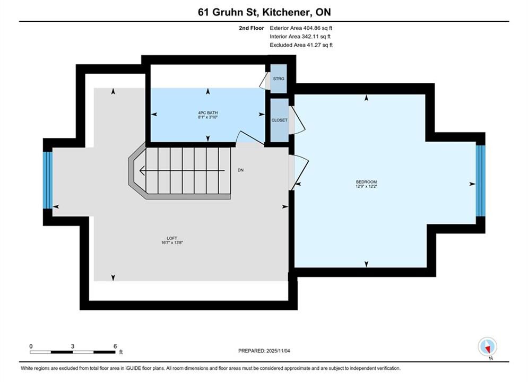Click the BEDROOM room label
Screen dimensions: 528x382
point(366,182)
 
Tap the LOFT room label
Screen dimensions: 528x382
point(172,238)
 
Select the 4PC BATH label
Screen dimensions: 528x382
point(208,113)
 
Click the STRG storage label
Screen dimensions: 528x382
point(279,79)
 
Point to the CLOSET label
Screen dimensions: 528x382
point(280,120)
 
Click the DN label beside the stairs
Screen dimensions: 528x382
point(240,170)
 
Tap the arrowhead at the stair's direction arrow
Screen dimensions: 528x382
point(142,171)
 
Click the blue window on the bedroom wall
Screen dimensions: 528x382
point(481,181)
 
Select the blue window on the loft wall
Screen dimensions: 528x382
point(48,180)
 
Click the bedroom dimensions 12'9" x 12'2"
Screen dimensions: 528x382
point(366,186)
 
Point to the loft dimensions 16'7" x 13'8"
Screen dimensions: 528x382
point(172,242)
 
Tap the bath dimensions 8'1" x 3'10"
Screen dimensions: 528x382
point(208,117)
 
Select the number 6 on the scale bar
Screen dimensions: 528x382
point(115,346)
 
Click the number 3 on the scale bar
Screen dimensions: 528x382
point(72,346)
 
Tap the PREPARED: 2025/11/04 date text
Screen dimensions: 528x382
point(264,351)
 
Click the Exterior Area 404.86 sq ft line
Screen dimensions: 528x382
point(301,28)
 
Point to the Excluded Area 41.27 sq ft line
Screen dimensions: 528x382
point(301,45)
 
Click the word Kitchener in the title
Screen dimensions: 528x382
point(285,12)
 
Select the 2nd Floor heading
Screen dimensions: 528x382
point(252,28)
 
